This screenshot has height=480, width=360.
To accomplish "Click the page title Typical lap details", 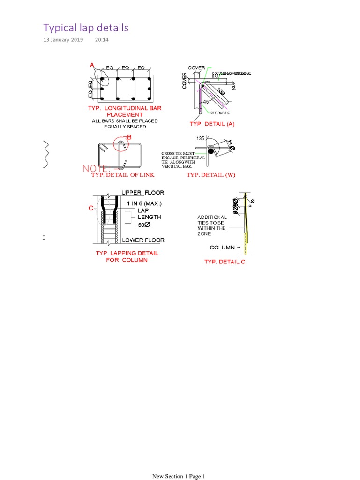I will click(x=86, y=28).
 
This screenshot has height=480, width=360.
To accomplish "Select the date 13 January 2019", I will click(x=63, y=40).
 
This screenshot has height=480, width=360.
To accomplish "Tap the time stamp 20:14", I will click(x=102, y=40).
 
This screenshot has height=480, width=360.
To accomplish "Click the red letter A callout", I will click(x=92, y=66).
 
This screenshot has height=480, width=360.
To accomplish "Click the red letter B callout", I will click(x=129, y=137).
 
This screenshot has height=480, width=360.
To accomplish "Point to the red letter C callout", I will click(x=91, y=209).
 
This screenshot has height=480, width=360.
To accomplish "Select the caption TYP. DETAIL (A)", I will click(x=212, y=124).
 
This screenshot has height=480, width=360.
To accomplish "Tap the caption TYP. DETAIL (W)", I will click(x=211, y=175).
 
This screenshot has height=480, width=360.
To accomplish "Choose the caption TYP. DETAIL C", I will click(x=225, y=262).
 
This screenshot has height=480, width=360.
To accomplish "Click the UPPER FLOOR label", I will click(x=143, y=193).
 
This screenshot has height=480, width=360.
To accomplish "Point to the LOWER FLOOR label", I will click(x=143, y=240).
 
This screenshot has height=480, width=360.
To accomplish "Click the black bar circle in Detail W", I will click(x=211, y=151).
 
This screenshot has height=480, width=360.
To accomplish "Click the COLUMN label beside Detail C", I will click(x=222, y=247).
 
